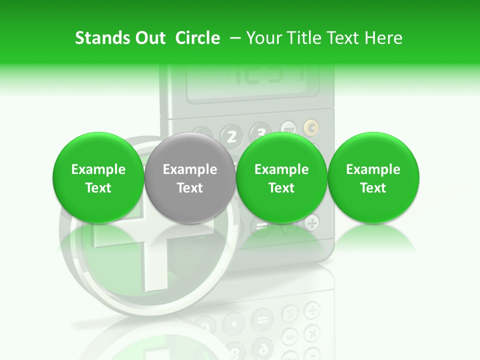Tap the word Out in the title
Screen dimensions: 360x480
(x=149, y=38)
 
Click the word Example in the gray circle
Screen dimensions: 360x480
(x=190, y=169)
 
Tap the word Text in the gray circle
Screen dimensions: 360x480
(x=190, y=188)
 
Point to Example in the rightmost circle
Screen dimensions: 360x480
(x=373, y=169)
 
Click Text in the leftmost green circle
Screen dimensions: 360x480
(x=98, y=188)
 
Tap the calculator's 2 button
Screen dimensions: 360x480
(x=231, y=136)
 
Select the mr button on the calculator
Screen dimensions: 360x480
(x=288, y=128)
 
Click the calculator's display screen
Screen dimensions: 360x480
(x=252, y=82)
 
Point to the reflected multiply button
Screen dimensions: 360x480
(x=312, y=332)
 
